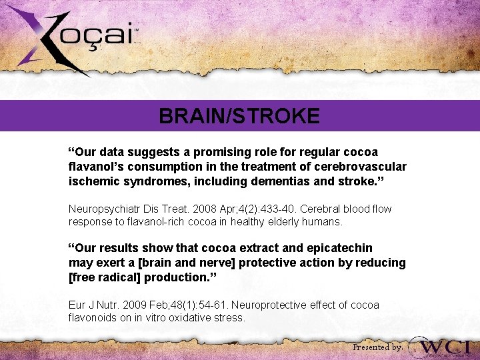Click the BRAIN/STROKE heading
[x=239, y=117]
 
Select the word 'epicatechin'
[x=340, y=249]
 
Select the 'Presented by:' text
[x=377, y=347]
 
